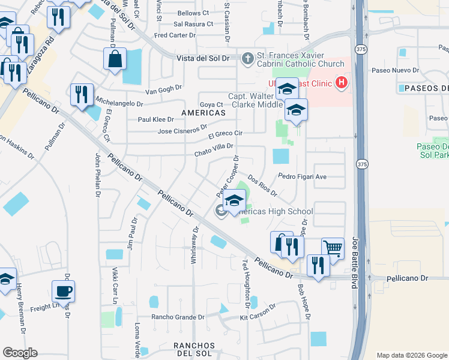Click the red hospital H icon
pyautogui.click(x=342, y=82)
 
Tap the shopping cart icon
pyautogui.click(x=332, y=247)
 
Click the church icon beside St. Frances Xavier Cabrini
pyautogui.click(x=247, y=58)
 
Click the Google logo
pyautogui.click(x=20, y=353)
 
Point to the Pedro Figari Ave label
pyautogui.click(x=302, y=176)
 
